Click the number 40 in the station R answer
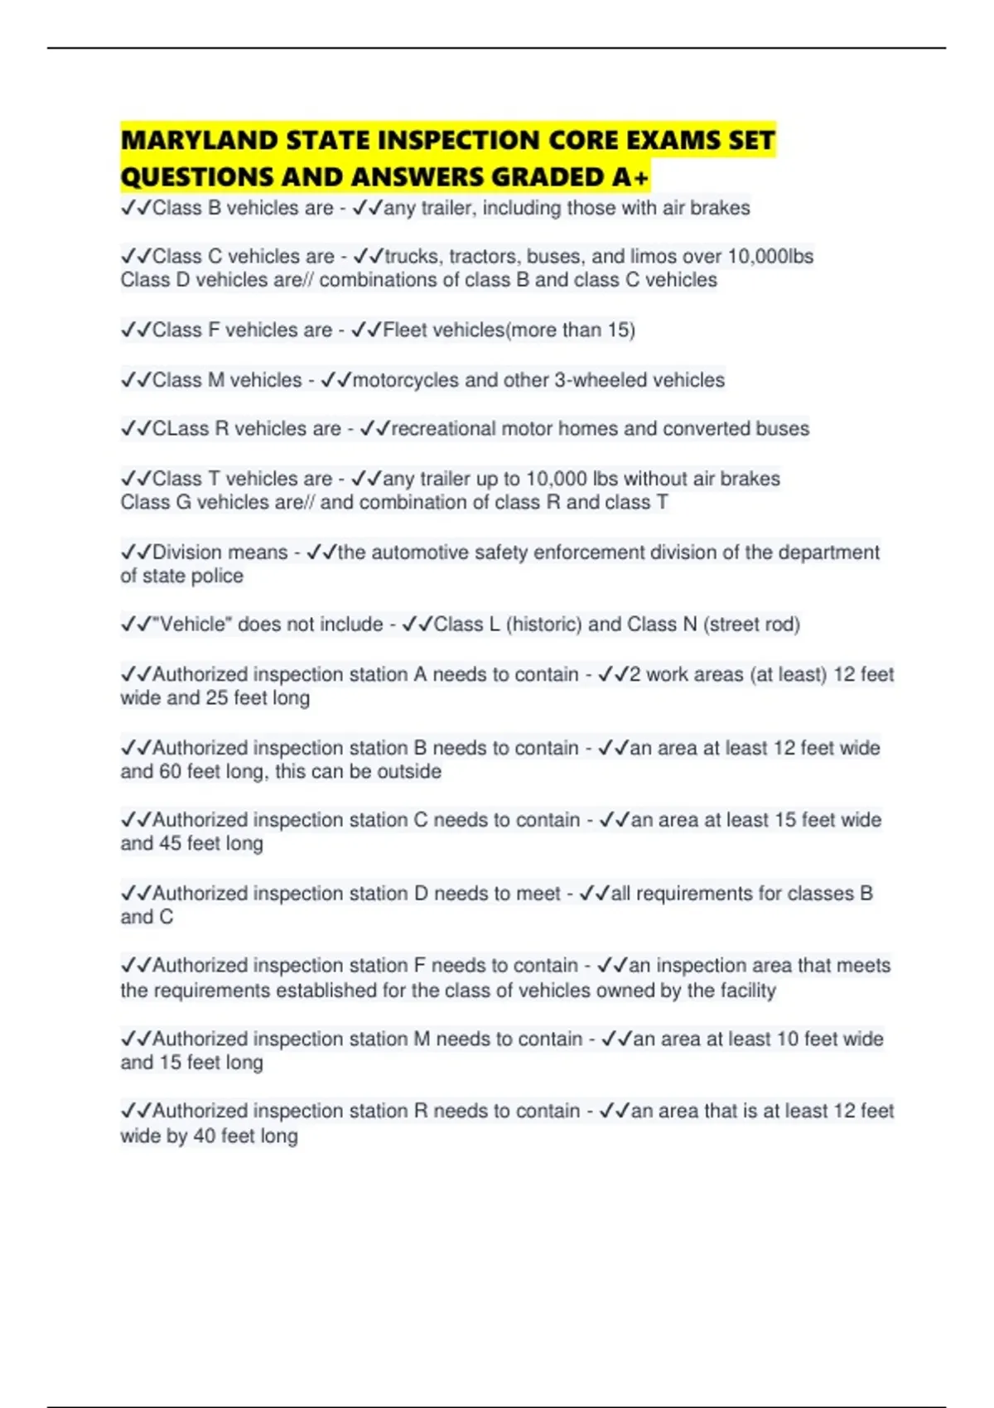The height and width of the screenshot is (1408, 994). coord(204,1136)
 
